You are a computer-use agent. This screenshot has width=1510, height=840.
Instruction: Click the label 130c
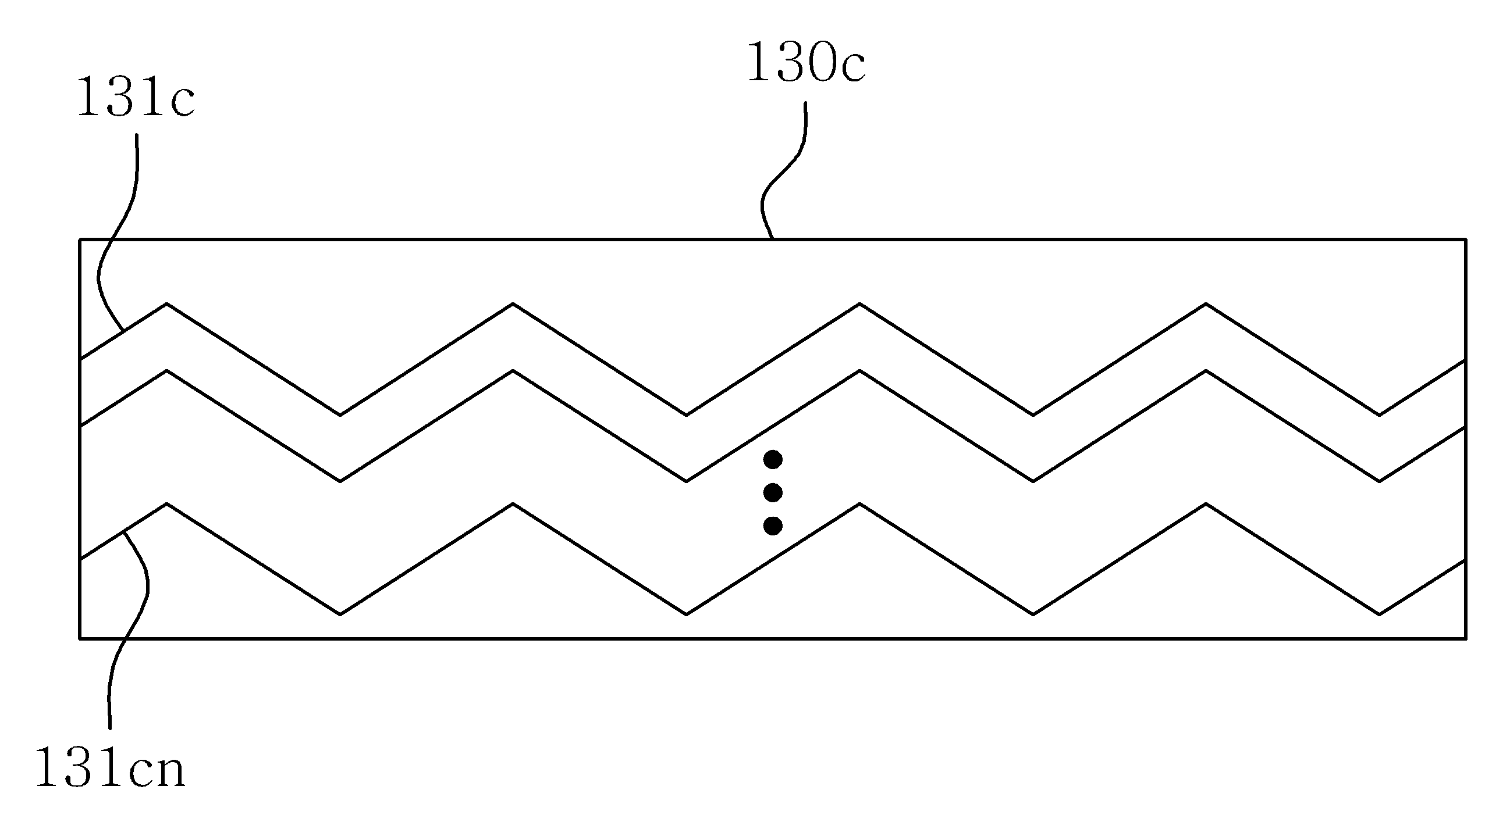click(x=806, y=62)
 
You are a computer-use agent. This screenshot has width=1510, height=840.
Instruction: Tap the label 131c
click(x=136, y=97)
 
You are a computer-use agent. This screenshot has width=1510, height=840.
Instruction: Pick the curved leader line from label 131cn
click(x=132, y=630)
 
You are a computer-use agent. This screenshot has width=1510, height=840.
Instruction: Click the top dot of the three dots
click(x=773, y=460)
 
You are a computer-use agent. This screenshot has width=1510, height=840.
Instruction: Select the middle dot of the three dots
click(x=773, y=492)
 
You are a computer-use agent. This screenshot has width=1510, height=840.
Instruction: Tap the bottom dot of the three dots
click(x=773, y=526)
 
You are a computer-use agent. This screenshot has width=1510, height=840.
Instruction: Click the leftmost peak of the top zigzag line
click(x=167, y=303)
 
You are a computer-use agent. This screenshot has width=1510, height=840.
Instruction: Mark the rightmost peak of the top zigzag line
click(x=1206, y=303)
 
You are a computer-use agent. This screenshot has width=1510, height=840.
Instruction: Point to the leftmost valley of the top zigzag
click(x=340, y=414)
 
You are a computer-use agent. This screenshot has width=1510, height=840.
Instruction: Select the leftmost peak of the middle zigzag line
click(x=167, y=370)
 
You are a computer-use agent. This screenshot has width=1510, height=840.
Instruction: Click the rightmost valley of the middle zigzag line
click(x=1379, y=481)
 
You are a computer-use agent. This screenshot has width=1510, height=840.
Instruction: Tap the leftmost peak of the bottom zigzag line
click(x=167, y=503)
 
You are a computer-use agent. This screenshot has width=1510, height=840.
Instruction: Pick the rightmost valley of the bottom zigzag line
click(x=1379, y=614)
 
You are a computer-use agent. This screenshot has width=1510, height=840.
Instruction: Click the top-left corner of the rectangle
click(x=80, y=239)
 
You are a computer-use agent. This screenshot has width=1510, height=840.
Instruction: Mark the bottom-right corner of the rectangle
click(x=1466, y=638)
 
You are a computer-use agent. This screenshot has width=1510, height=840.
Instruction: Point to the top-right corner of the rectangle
click(x=1466, y=239)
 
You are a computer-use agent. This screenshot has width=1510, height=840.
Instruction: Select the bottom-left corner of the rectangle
click(x=80, y=638)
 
